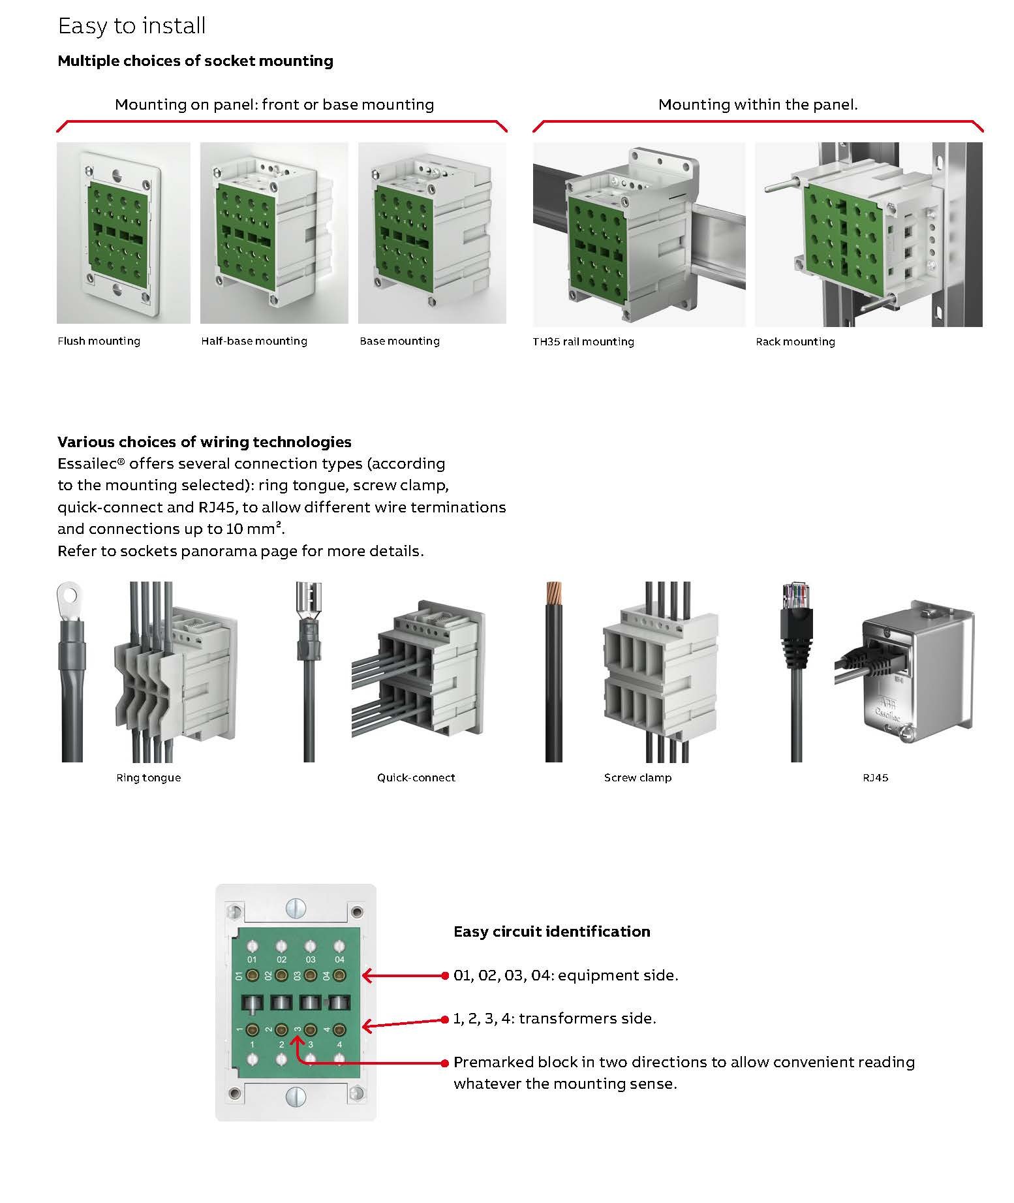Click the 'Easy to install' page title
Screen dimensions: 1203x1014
pos(132,26)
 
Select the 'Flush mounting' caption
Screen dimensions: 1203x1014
pos(99,341)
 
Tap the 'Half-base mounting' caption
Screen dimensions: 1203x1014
pos(254,341)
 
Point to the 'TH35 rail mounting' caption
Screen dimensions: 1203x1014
pos(583,341)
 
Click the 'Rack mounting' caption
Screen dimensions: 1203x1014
pos(795,341)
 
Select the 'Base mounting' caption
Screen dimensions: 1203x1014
pos(399,341)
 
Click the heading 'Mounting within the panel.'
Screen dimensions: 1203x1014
pos(758,104)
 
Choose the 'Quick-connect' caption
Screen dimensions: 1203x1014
pos(416,777)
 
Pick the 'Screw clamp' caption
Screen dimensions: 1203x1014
pos(638,777)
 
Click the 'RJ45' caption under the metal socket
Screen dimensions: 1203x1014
pos(875,777)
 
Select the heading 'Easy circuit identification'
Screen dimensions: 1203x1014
pos(551,931)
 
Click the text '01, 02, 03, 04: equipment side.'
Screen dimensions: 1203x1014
pos(566,975)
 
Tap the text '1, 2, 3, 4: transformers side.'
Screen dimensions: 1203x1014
pos(555,1018)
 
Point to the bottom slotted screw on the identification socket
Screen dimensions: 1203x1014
pos(296,1093)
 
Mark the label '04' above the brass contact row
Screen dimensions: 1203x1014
pos(339,960)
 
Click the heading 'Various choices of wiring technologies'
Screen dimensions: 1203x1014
pos(204,442)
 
